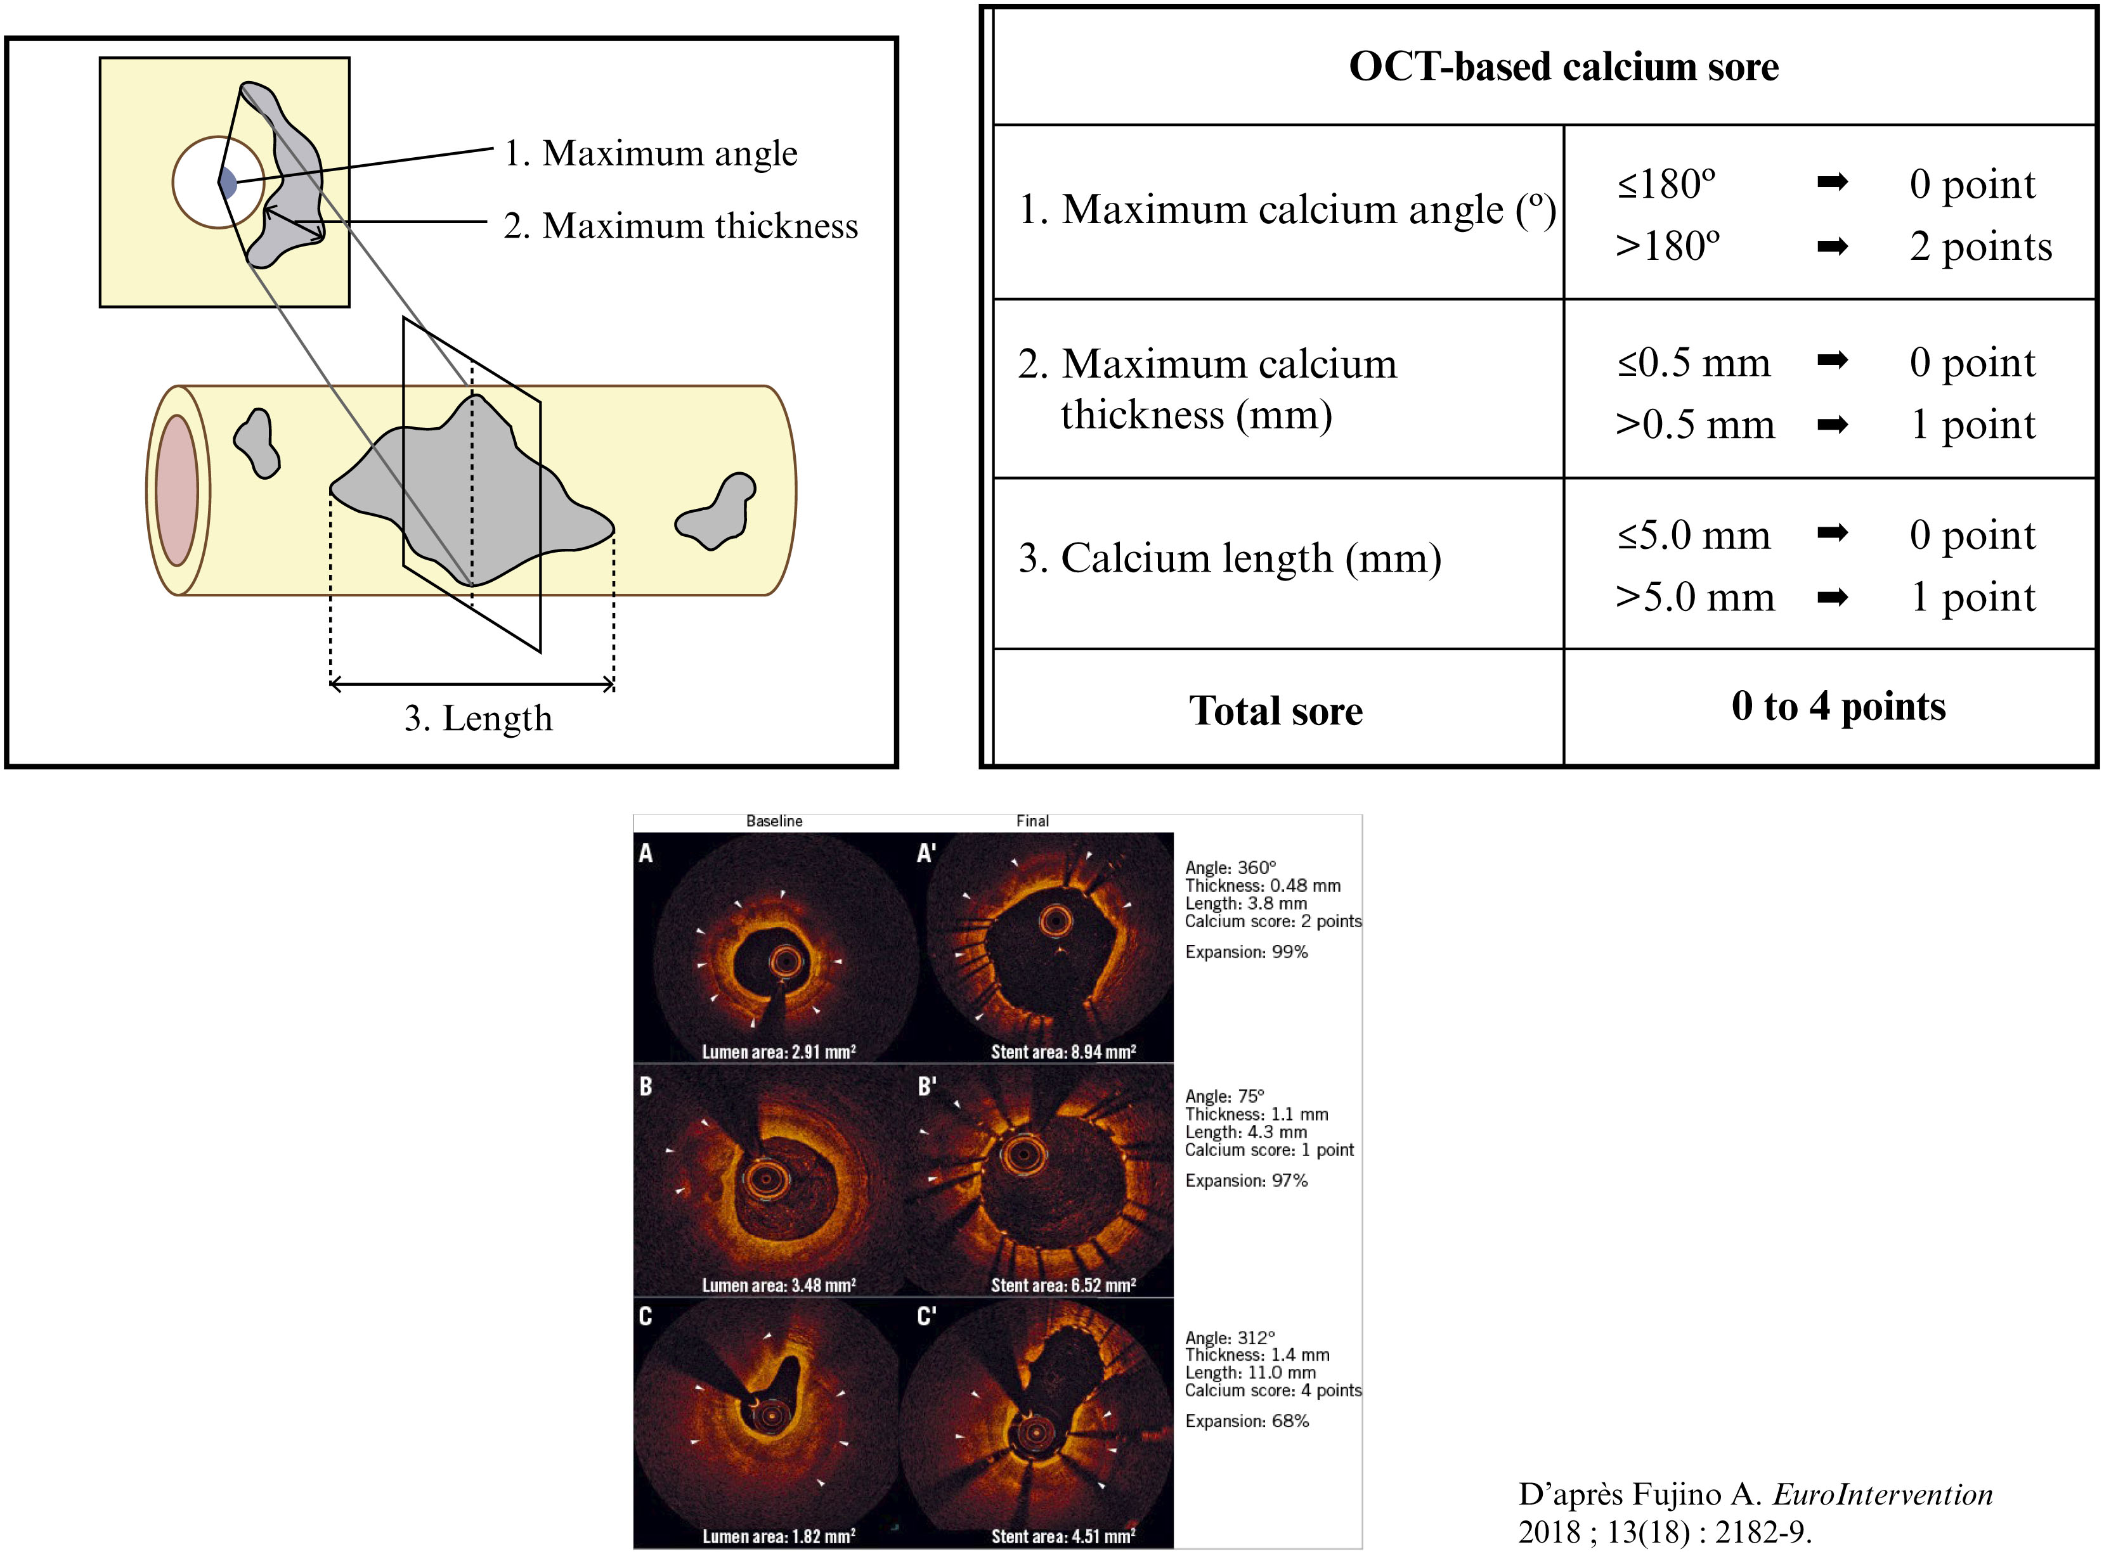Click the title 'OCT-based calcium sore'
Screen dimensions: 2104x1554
tap(1563, 67)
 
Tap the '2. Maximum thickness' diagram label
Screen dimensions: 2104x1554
tap(680, 226)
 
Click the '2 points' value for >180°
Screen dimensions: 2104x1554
tap(1981, 247)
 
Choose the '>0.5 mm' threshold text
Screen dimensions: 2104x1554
tap(1695, 424)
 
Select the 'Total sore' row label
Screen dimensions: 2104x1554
tap(1276, 710)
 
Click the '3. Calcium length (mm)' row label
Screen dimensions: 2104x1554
tap(1229, 559)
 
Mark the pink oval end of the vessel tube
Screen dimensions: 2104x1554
tap(177, 490)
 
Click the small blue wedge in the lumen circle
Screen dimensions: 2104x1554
tap(228, 183)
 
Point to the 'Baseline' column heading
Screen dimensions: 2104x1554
tap(774, 821)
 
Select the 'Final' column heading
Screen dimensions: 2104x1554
tap(1032, 821)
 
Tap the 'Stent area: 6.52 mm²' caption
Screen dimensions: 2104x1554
tap(1063, 1285)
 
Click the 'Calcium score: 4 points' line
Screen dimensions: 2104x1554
tap(1273, 1390)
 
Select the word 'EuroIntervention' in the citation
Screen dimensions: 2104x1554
tap(1883, 1494)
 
